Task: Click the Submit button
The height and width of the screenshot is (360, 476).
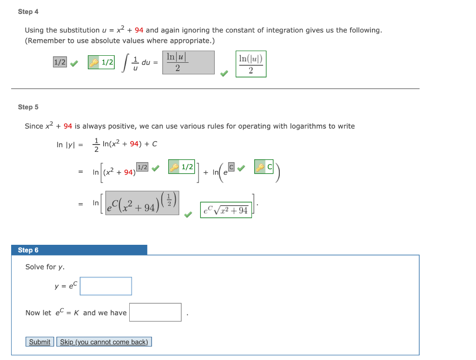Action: pyautogui.click(x=40, y=342)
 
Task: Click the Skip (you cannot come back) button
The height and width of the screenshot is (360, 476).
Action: pyautogui.click(x=104, y=342)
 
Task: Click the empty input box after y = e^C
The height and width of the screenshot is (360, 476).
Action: pyautogui.click(x=106, y=286)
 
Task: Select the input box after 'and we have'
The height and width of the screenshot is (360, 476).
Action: pyautogui.click(x=155, y=312)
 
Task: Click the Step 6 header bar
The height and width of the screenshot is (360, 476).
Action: pyautogui.click(x=79, y=250)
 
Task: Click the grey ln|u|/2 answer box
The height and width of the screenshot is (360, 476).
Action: pyautogui.click(x=188, y=63)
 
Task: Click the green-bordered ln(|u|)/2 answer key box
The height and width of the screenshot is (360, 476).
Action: pyautogui.click(x=251, y=64)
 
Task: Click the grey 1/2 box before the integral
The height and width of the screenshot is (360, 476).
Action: pyautogui.click(x=60, y=62)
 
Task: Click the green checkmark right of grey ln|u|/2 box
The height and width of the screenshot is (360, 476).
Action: pyautogui.click(x=224, y=73)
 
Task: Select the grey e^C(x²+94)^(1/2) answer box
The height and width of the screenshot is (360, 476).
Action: pyautogui.click(x=142, y=203)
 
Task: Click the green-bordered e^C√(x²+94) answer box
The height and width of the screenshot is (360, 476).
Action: pyautogui.click(x=226, y=210)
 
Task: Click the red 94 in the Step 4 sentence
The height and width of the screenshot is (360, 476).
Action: pyautogui.click(x=139, y=30)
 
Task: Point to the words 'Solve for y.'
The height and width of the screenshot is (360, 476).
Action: pyautogui.click(x=45, y=267)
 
